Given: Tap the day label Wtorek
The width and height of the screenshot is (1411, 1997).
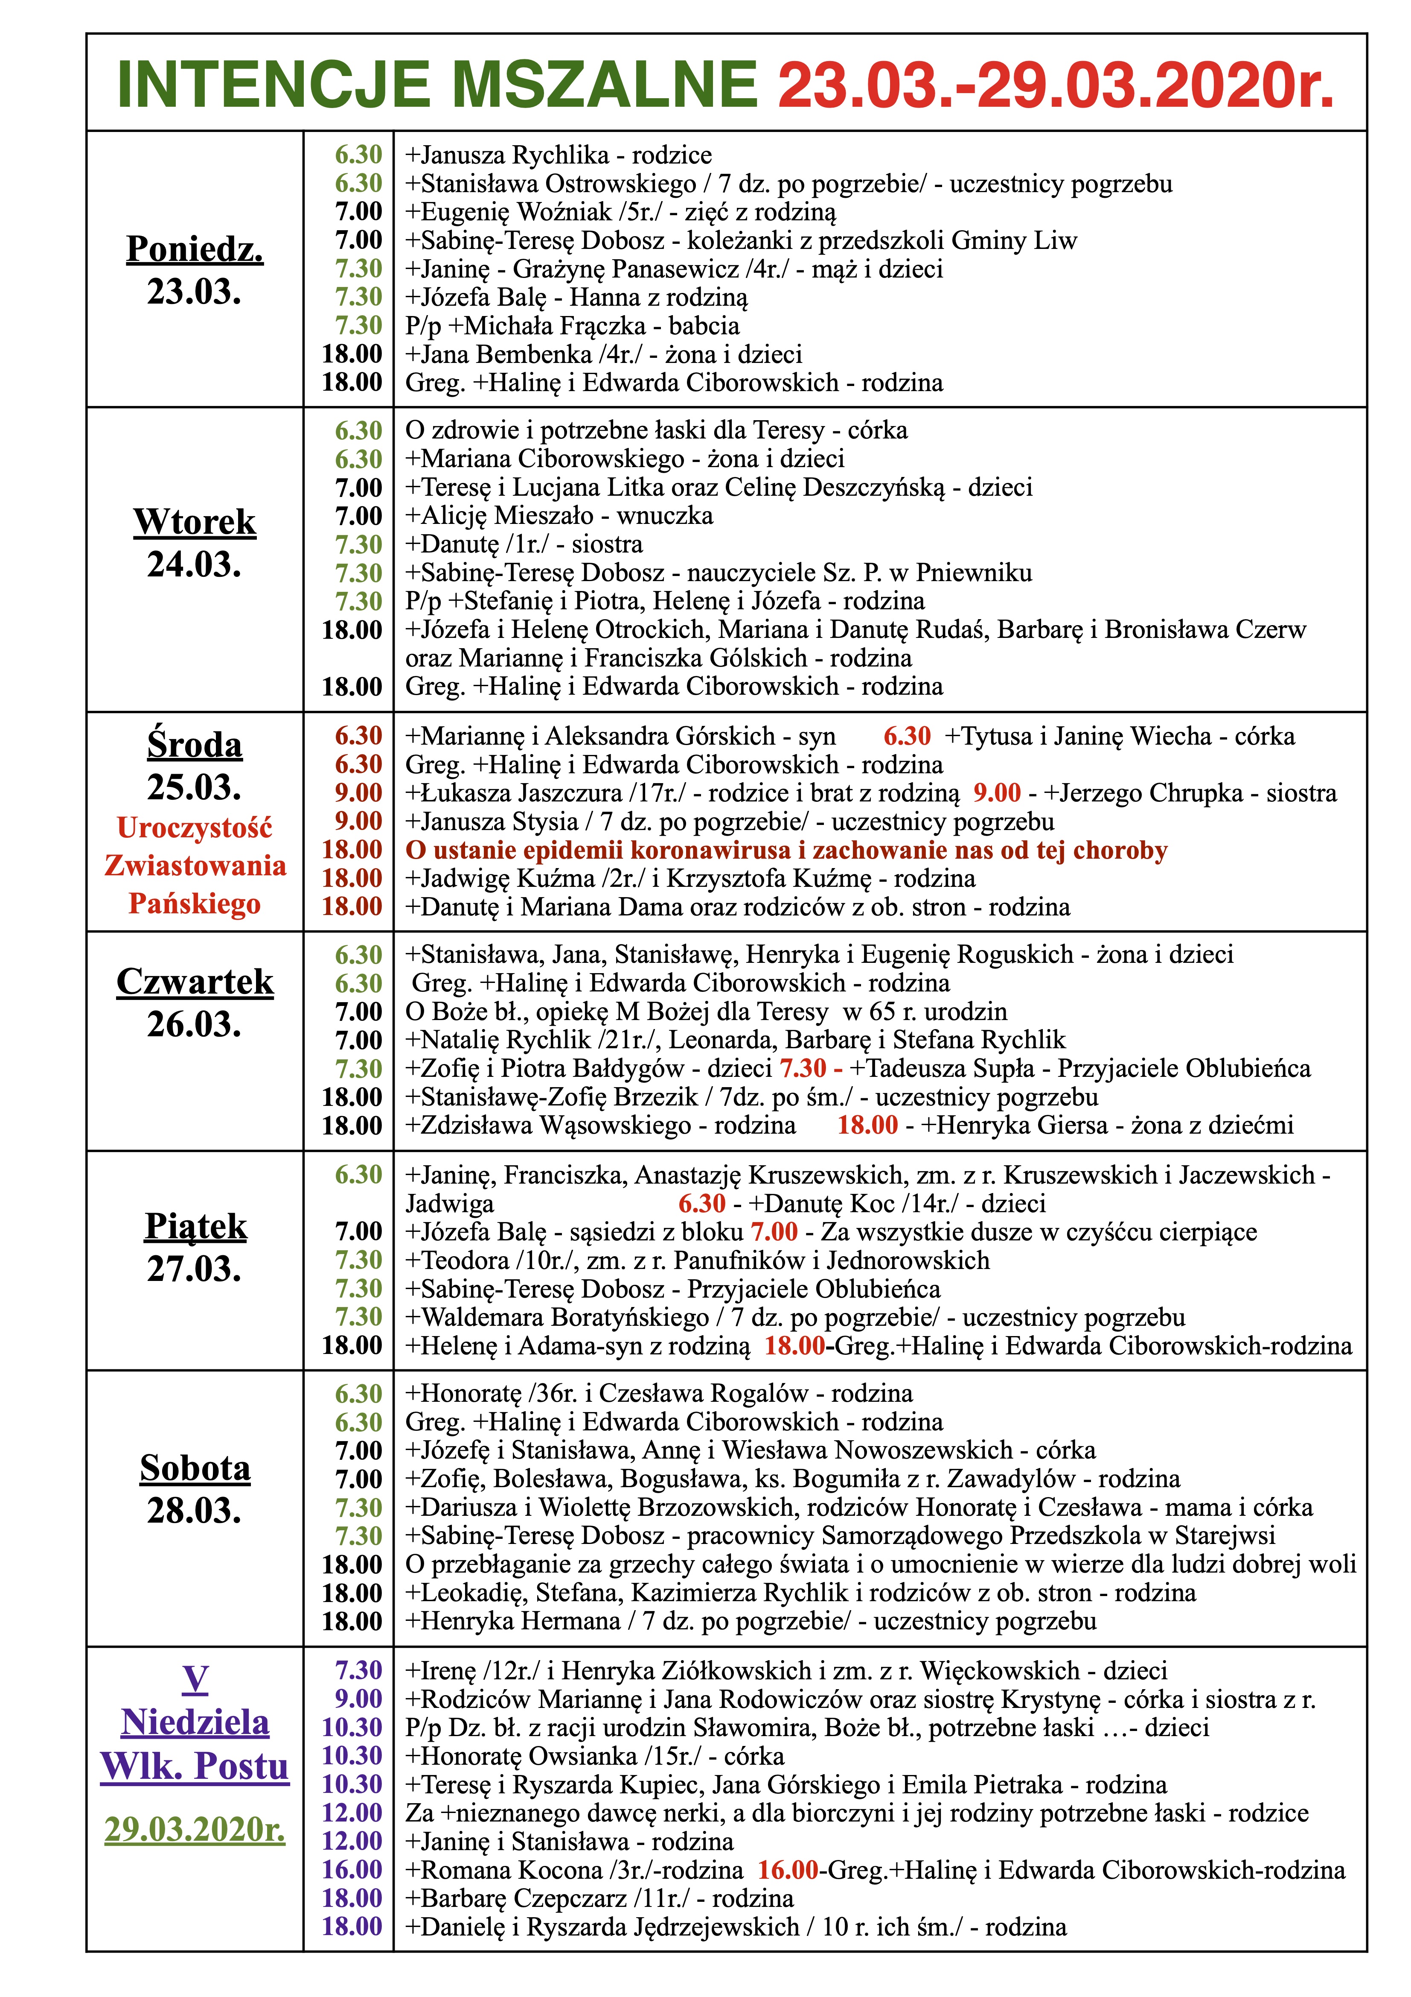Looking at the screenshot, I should (195, 522).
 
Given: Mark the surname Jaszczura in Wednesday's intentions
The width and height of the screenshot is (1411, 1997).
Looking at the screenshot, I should (569, 793).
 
